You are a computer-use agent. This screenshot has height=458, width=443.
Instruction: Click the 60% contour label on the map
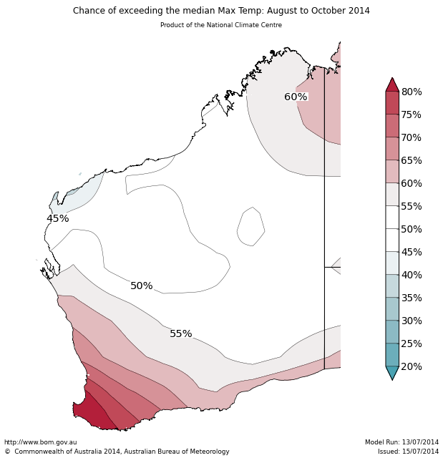(296, 97)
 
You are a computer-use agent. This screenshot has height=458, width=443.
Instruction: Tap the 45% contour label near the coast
(58, 219)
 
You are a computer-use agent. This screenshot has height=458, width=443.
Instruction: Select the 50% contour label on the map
(142, 286)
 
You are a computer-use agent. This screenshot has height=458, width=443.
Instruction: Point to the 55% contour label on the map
(181, 334)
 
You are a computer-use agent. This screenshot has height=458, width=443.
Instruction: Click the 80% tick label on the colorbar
(412, 92)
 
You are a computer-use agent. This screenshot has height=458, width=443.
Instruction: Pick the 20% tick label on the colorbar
(412, 367)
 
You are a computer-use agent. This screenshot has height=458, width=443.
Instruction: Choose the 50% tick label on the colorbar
(412, 230)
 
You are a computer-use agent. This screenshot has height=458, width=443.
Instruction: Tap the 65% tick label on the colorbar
(412, 161)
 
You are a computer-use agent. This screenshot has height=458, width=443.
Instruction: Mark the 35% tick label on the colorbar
(412, 298)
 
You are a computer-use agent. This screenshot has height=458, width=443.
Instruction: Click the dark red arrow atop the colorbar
(392, 85)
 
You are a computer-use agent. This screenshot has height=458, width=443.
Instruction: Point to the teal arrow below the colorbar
(392, 373)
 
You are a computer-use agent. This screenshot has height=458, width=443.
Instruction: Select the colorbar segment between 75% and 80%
(392, 103)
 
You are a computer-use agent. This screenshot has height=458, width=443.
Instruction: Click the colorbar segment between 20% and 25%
(392, 355)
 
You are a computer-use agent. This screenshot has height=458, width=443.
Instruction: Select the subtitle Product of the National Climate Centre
(221, 25)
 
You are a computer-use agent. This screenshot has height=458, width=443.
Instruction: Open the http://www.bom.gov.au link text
(41, 442)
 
